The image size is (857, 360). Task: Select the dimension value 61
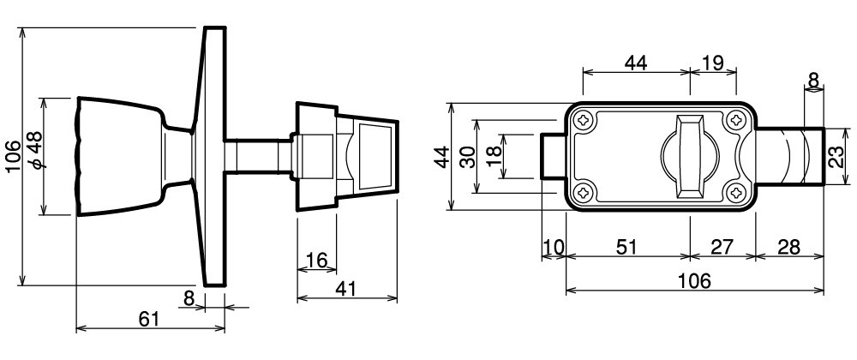point(148,319)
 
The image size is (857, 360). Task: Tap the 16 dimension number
point(316,260)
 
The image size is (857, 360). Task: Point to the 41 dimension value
point(345,289)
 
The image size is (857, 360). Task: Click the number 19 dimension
point(712,63)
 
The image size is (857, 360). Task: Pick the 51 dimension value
point(627,247)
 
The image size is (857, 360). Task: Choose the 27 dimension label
point(722,247)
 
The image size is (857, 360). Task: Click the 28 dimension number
point(788,247)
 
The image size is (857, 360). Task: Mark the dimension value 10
point(554,247)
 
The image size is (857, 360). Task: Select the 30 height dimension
point(467,157)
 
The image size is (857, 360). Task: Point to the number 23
point(836,158)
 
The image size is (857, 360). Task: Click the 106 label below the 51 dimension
point(694,281)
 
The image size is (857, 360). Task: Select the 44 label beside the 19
point(636,63)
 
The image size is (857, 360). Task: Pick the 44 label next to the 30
point(440,157)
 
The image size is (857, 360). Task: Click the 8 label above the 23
point(813,80)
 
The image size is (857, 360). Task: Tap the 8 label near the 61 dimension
point(189,297)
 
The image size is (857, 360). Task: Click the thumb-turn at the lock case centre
point(691,156)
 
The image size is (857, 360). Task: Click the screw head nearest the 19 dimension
point(736,120)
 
